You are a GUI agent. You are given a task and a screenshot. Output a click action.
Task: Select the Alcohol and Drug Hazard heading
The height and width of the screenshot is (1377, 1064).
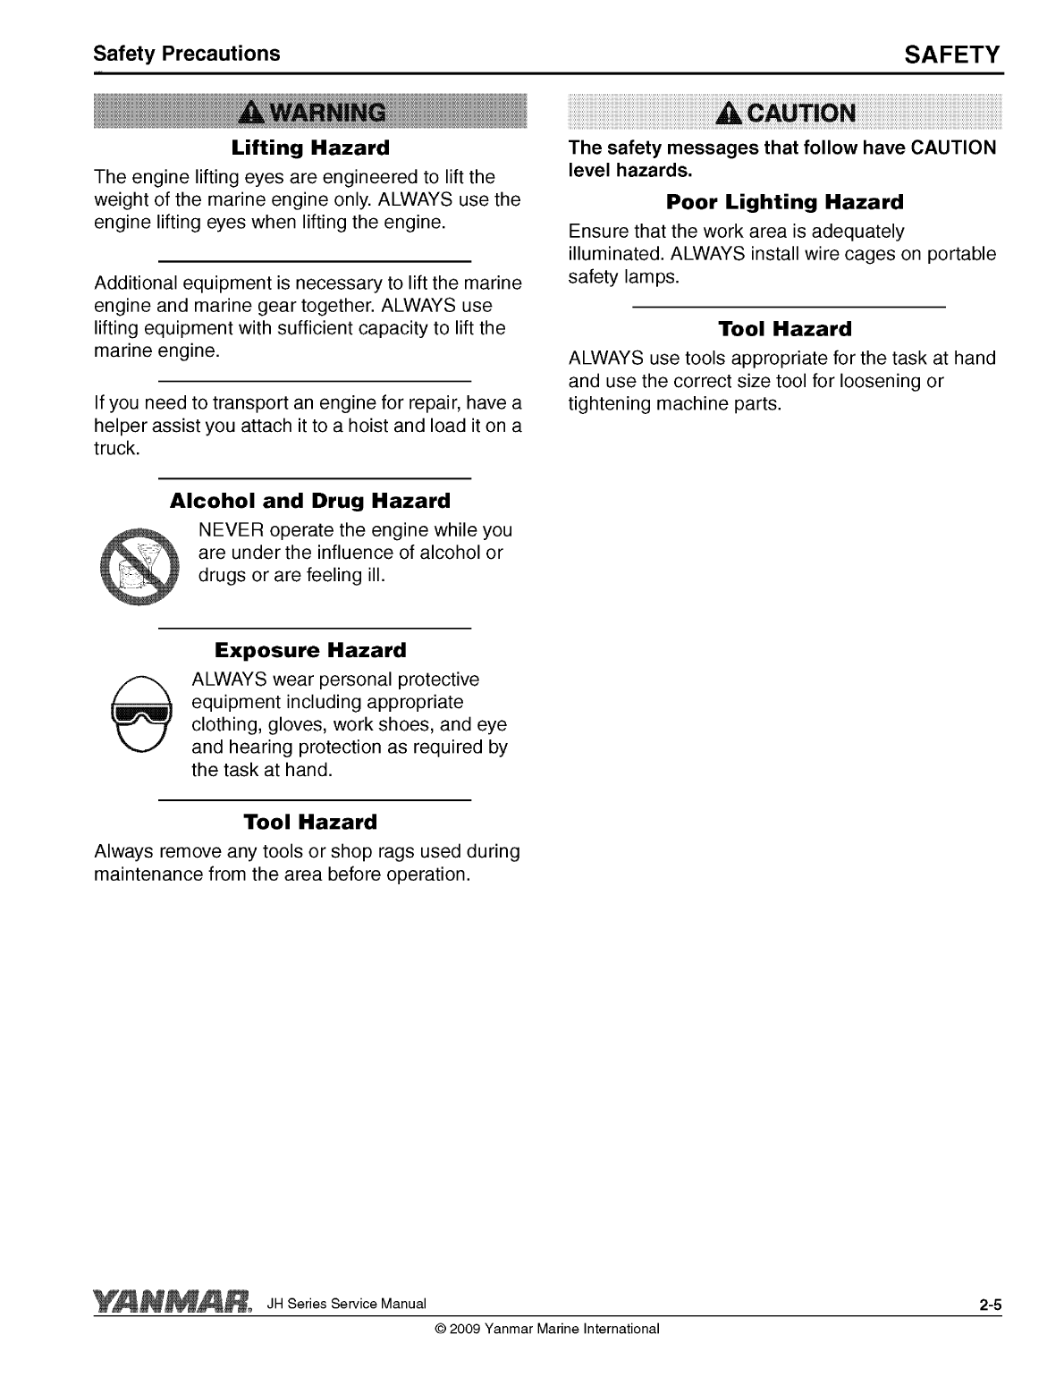(310, 501)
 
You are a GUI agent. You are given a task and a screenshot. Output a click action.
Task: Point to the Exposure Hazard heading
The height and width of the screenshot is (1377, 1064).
(310, 650)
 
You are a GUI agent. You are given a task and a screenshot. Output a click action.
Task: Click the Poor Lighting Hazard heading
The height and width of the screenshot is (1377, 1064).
(785, 201)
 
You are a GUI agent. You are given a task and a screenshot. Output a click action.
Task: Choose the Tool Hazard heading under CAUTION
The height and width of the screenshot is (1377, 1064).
(785, 329)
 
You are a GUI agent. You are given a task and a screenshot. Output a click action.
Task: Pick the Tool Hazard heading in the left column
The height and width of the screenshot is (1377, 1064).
(310, 822)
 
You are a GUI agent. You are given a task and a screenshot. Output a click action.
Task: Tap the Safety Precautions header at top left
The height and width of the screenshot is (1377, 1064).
(187, 54)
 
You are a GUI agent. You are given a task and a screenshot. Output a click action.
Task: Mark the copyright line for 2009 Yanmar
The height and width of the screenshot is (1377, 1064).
(546, 1329)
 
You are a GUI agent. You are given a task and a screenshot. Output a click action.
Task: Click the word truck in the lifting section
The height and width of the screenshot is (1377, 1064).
(115, 448)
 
